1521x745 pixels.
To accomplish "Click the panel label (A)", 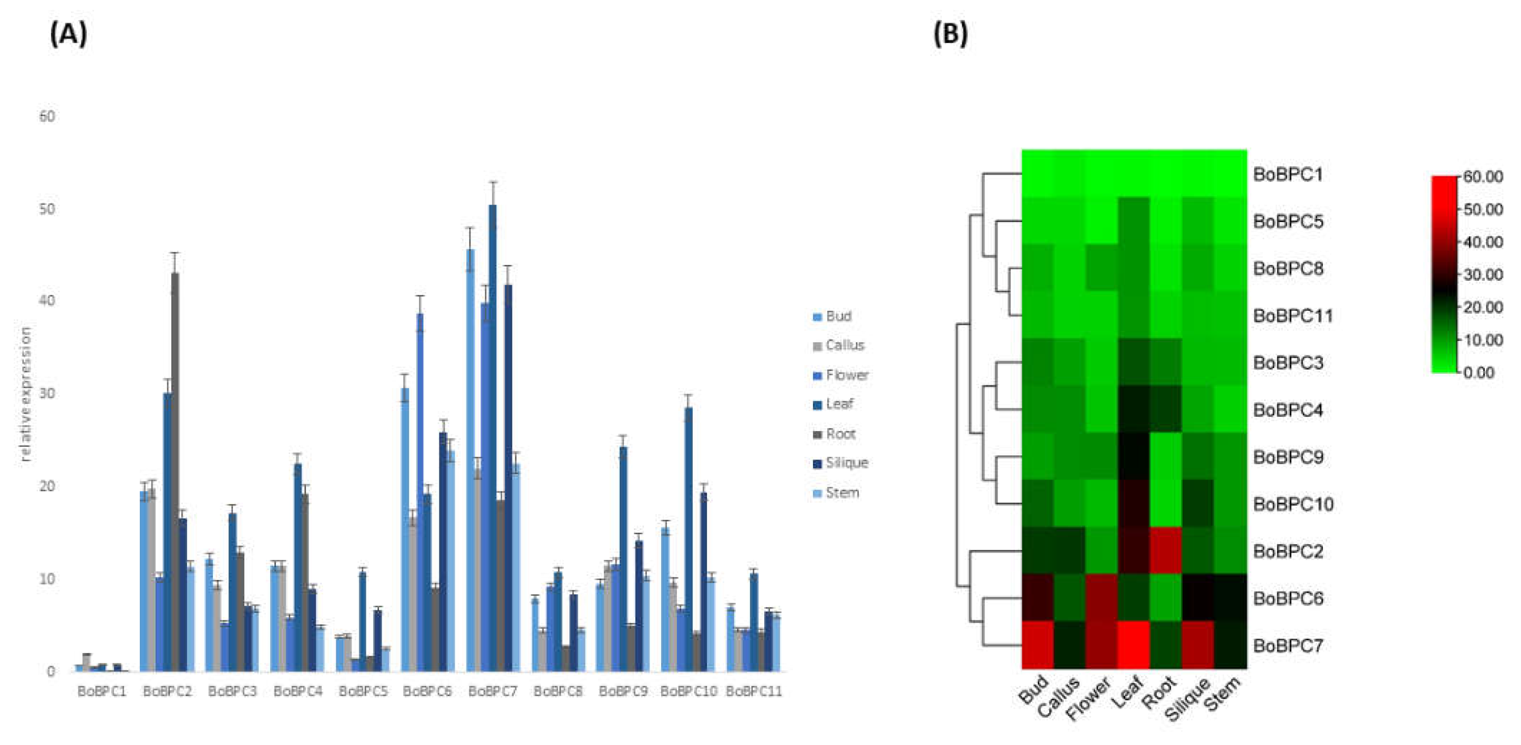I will pyautogui.click(x=68, y=34).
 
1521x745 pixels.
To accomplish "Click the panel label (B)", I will pyautogui.click(x=950, y=34).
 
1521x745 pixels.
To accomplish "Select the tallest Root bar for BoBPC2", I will pyautogui.click(x=175, y=473).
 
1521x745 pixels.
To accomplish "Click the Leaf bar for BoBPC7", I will pyautogui.click(x=492, y=437).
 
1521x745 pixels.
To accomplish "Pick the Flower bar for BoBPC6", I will pyautogui.click(x=420, y=491).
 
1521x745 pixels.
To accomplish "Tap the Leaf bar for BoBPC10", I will pyautogui.click(x=688, y=538).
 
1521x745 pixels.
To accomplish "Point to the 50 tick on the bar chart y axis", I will pyautogui.click(x=47, y=209).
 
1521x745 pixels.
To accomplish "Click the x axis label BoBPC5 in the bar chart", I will pyautogui.click(x=363, y=691).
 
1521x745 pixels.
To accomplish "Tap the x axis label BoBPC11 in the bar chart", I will pyautogui.click(x=754, y=691).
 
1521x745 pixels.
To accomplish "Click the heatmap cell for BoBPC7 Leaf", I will pyautogui.click(x=1134, y=645).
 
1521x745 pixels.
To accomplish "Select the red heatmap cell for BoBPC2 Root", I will pyautogui.click(x=1166, y=550).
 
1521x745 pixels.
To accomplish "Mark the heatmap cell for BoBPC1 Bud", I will pyautogui.click(x=1038, y=174).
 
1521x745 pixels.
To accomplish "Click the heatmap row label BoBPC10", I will pyautogui.click(x=1292, y=504).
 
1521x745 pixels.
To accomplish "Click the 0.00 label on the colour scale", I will pyautogui.click(x=1479, y=372).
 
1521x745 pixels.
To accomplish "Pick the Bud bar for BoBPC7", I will pyautogui.click(x=470, y=461).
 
